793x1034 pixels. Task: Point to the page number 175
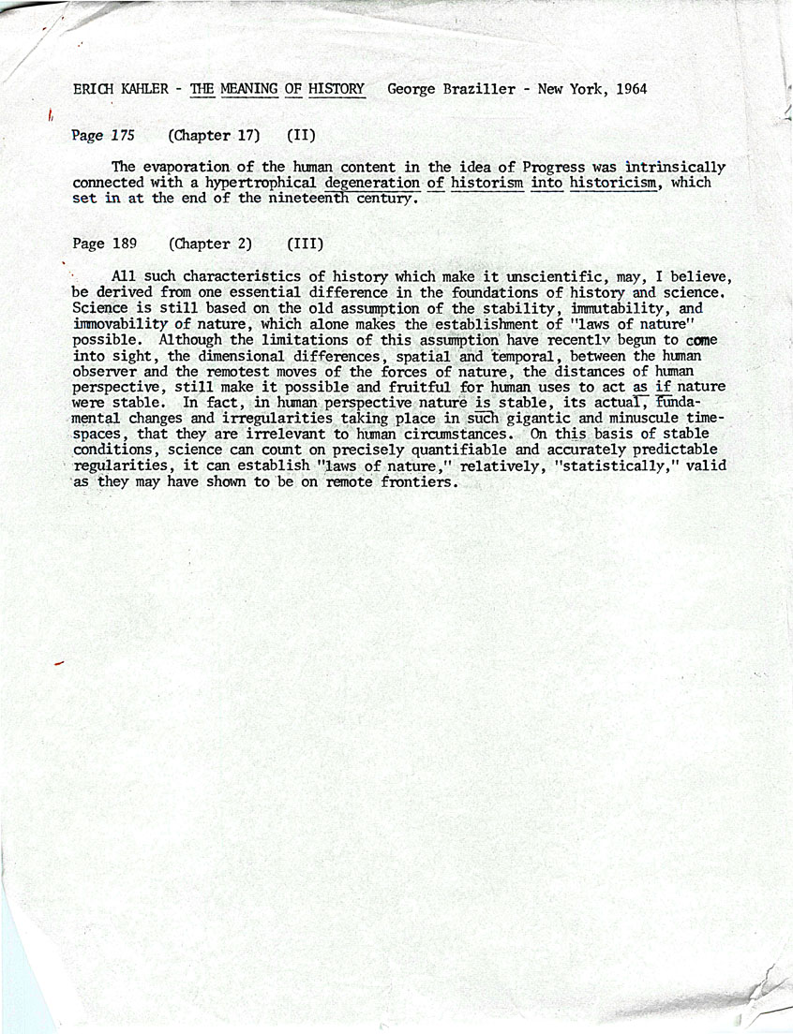tap(123, 135)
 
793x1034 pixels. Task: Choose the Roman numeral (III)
tap(305, 244)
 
